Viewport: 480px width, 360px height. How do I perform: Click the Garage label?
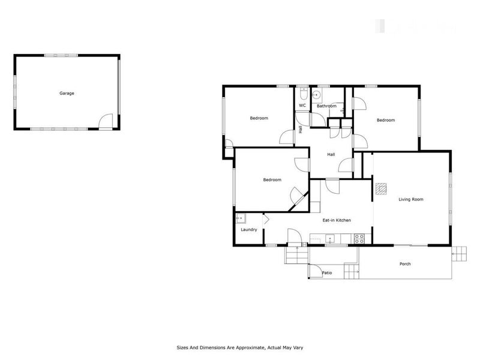pos(67,93)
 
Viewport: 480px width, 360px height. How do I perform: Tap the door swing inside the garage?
pos(106,121)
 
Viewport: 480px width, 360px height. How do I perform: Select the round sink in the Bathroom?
pos(316,96)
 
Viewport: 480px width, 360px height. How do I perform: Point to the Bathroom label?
pos(326,106)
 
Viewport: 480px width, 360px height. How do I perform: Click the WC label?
pos(302,106)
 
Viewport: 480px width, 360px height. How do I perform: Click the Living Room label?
pos(411,199)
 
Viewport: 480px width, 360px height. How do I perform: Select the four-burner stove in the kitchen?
pos(359,238)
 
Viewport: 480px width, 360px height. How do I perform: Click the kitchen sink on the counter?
pos(329,239)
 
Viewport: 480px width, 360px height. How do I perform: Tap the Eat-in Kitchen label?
pos(337,220)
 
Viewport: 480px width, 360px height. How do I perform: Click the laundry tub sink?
pos(241,219)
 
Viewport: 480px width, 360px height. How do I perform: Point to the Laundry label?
pos(248,230)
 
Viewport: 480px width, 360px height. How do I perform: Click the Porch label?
pos(405,264)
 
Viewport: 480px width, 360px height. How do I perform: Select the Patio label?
pos(327,273)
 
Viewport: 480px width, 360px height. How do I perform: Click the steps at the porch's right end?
pos(459,254)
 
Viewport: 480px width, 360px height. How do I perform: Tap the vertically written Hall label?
pos(301,128)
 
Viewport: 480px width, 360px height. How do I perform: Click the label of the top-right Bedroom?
pos(386,120)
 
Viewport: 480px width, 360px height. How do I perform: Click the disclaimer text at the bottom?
pos(240,347)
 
